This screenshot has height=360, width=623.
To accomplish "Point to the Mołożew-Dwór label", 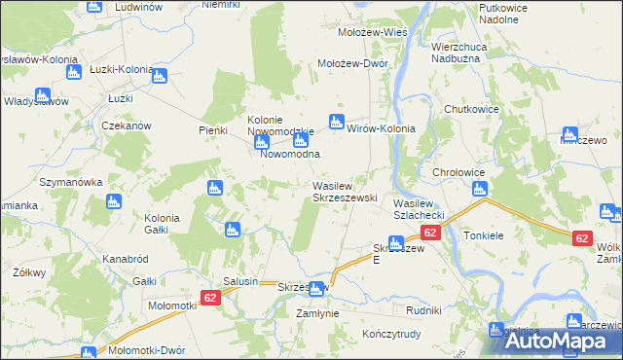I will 354,63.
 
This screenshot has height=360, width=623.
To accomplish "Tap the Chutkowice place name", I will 472,109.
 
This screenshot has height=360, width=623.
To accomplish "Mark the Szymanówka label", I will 70,182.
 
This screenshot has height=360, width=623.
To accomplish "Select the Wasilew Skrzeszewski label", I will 344,191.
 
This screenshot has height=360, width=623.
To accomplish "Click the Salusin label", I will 240,281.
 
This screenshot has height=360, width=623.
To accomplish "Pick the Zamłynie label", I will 318,313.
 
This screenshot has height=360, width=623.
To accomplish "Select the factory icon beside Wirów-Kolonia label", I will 337,121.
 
